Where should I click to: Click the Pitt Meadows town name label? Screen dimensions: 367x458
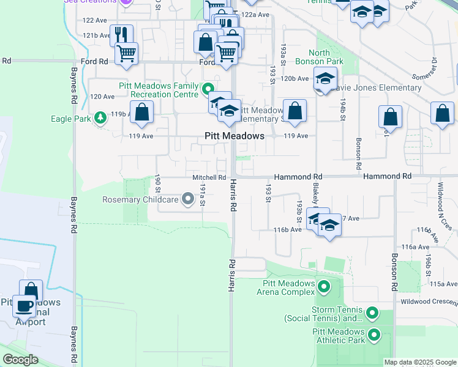[234, 136]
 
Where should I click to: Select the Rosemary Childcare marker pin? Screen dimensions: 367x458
[187, 199]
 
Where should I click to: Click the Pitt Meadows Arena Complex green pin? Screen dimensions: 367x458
[323, 286]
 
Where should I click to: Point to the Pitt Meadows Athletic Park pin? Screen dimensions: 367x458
[374, 336]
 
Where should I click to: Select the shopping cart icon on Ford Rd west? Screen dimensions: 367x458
[126, 53]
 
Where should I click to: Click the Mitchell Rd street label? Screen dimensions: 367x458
[205, 177]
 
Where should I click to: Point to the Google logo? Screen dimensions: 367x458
[20, 360]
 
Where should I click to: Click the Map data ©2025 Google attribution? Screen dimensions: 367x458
[419, 362]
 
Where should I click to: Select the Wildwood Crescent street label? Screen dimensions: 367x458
[429, 302]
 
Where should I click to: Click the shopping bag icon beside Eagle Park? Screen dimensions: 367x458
[141, 111]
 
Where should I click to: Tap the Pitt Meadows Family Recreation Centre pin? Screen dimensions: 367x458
[207, 89]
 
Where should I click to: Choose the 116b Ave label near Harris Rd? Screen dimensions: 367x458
[288, 230]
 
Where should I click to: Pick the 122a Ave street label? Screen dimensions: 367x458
[255, 14]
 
